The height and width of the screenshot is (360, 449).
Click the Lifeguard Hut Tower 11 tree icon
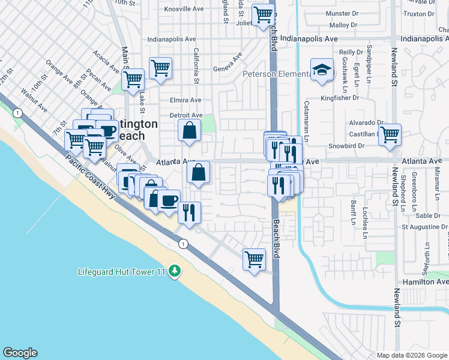[x=175, y=272]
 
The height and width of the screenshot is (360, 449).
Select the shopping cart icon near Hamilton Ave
[x=254, y=259]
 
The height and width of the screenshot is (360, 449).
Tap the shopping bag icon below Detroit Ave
[x=189, y=130]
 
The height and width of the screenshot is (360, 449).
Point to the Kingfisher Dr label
[x=340, y=97]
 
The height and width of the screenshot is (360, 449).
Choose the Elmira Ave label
[x=185, y=100]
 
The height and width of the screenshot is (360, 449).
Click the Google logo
[x=20, y=353]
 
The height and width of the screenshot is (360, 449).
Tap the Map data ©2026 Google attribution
[x=411, y=355]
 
